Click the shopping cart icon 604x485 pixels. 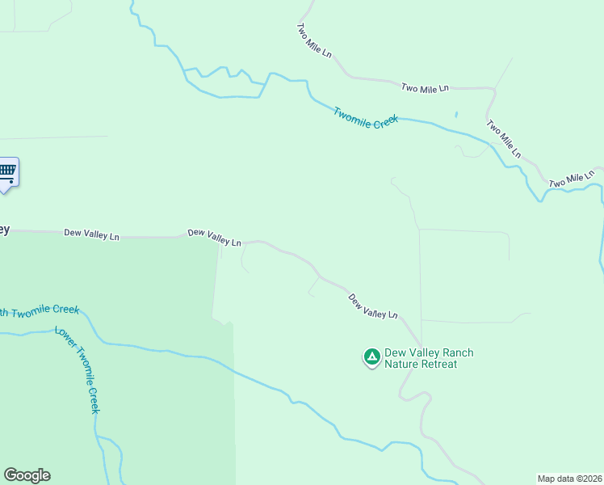(x=7, y=171)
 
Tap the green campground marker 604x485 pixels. (x=371, y=356)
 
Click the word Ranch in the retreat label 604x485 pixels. (x=454, y=352)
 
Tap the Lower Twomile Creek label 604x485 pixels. (x=78, y=370)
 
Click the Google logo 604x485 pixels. (x=27, y=475)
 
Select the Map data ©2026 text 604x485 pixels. (x=569, y=478)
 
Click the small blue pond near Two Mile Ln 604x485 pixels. (x=456, y=115)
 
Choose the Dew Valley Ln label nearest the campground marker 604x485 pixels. (x=373, y=306)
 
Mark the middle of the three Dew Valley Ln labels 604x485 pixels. (x=214, y=238)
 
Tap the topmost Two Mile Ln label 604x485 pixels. (x=314, y=40)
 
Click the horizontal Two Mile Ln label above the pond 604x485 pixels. (x=425, y=88)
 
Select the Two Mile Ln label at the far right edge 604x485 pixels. (x=572, y=179)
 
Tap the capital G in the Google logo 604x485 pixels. (x=10, y=475)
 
